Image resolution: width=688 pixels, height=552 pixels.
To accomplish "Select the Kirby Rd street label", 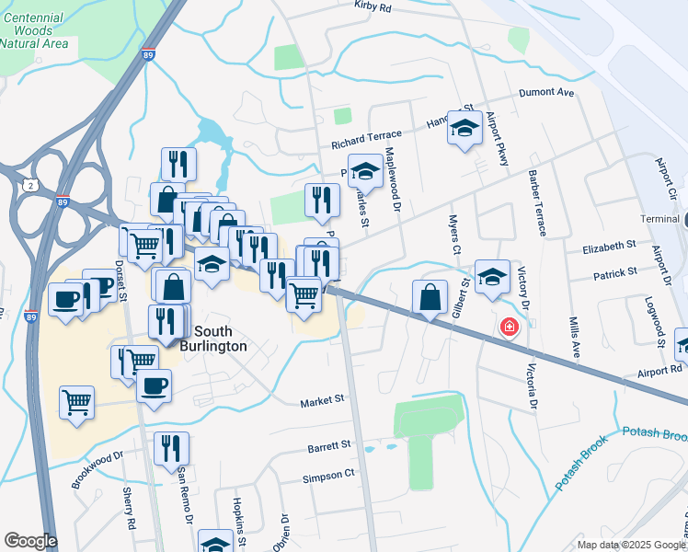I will (373, 7).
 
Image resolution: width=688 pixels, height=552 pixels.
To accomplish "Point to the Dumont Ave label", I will (546, 93).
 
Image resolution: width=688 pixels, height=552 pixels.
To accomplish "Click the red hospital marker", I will (508, 327).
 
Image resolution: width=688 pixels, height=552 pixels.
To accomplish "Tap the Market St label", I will (322, 400).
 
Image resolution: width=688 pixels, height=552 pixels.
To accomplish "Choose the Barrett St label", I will (330, 444).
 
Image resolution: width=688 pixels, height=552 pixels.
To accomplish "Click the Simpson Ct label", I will (328, 474).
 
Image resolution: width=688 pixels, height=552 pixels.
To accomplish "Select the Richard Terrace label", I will (367, 144).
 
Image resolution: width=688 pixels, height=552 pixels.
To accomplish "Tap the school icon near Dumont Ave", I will (465, 129).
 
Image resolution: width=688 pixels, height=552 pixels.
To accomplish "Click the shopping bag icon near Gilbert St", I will (430, 298).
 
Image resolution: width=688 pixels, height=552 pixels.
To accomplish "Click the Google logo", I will (29, 541).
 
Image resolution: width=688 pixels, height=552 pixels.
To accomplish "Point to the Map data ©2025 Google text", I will (630, 545).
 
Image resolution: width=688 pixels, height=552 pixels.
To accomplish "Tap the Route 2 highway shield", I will (31, 184).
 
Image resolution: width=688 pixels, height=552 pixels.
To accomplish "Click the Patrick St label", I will (615, 273).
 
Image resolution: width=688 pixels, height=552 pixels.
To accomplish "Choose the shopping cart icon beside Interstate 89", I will (77, 402).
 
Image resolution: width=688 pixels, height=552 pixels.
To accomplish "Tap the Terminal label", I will (660, 220).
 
